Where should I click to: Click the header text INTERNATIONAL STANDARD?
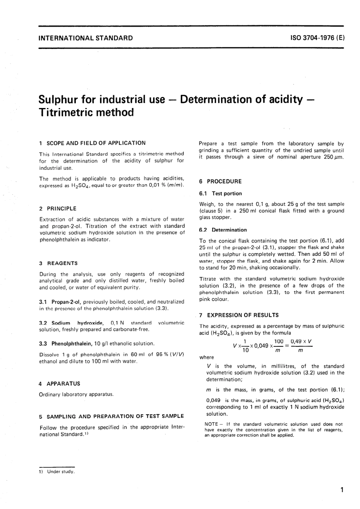(x=86, y=38)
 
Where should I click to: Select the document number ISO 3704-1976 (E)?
(x=317, y=38)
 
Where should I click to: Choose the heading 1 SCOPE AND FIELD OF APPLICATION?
(x=92, y=143)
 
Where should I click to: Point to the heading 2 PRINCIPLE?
(x=58, y=208)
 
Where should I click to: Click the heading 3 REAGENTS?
(x=58, y=263)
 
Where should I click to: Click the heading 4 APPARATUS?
(x=59, y=384)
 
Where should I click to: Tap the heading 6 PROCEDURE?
(x=220, y=182)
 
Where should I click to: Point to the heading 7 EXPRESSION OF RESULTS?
(x=239, y=315)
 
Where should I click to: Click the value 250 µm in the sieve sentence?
(x=333, y=157)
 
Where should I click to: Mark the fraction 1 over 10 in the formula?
(x=245, y=346)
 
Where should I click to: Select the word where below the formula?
(x=207, y=357)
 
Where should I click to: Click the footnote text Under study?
(x=61, y=472)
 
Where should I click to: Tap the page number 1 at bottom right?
(x=342, y=490)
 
